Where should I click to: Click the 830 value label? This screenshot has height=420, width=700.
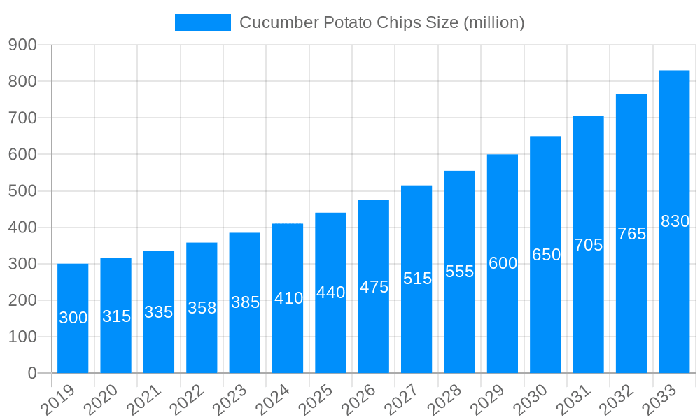pos(675,222)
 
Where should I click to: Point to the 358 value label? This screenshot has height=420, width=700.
pos(202,308)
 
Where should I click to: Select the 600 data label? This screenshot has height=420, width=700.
pos(503,264)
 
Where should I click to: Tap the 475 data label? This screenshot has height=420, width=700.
pos(374,287)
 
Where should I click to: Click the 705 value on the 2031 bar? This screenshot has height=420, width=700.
pos(588,246)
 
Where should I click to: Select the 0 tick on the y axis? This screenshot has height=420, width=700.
pos(32,374)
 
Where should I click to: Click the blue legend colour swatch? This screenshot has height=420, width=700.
pos(202,22)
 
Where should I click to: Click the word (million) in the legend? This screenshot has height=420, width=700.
pos(493,22)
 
